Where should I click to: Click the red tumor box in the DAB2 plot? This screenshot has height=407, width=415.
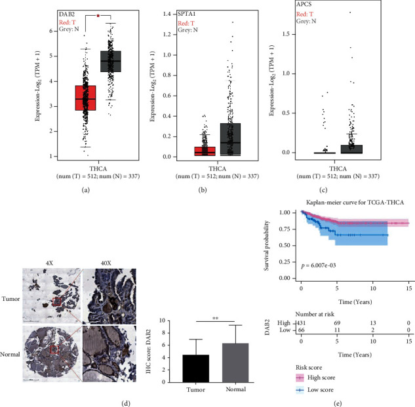(86, 98)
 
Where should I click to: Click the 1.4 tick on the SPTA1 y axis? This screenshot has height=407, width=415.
(156, 14)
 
